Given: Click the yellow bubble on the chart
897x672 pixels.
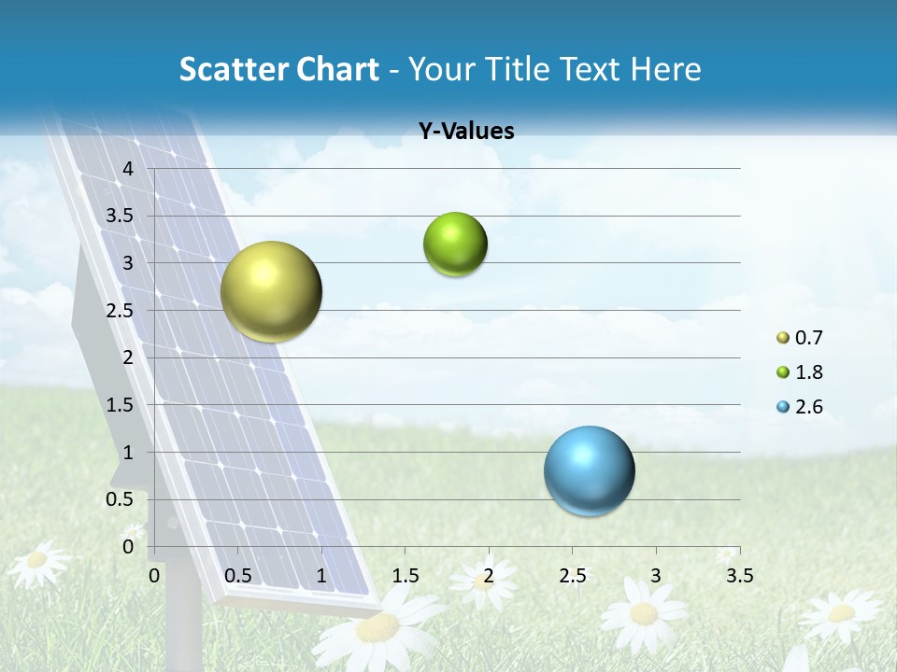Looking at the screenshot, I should tap(271, 291).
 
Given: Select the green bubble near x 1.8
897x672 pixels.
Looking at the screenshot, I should tap(455, 245).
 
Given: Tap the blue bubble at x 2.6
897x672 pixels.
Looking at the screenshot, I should tap(589, 470).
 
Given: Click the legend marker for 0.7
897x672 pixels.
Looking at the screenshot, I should tap(783, 338).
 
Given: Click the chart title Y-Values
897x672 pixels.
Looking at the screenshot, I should tap(465, 132).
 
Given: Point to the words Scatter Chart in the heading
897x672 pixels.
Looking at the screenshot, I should tap(278, 69).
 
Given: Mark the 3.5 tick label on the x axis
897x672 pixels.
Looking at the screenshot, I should tap(739, 575).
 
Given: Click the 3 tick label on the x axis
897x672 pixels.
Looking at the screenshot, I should tap(656, 575).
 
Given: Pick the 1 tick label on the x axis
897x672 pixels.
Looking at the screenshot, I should tap(321, 575).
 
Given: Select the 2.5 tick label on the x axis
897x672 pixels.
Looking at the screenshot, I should tap(572, 575).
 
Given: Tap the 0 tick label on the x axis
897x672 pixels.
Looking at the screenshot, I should tap(155, 575).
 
